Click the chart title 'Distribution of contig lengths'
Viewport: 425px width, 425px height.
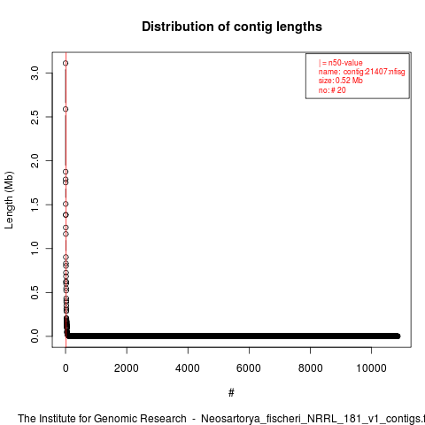232,27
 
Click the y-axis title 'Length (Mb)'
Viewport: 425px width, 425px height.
9,200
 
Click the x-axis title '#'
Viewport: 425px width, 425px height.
231,393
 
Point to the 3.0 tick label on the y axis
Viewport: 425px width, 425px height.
35,73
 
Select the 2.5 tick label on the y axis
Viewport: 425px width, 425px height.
35,117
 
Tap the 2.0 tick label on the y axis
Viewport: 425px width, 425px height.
35,160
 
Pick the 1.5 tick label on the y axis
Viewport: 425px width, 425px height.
35,205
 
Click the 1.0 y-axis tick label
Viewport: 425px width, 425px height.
35,248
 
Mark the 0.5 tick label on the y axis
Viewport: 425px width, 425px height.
35,292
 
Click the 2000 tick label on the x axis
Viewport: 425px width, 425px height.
127,368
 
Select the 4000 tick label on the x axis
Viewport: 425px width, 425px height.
188,368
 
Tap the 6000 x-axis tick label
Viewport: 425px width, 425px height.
249,368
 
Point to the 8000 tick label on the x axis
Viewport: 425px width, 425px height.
310,368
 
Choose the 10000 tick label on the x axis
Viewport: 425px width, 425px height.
371,368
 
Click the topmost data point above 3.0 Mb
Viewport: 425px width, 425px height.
66,63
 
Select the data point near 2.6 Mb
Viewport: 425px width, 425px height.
66,109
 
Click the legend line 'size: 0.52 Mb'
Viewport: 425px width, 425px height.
341,81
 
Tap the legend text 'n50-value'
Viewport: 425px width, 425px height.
345,63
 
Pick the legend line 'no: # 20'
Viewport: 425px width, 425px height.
332,90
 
